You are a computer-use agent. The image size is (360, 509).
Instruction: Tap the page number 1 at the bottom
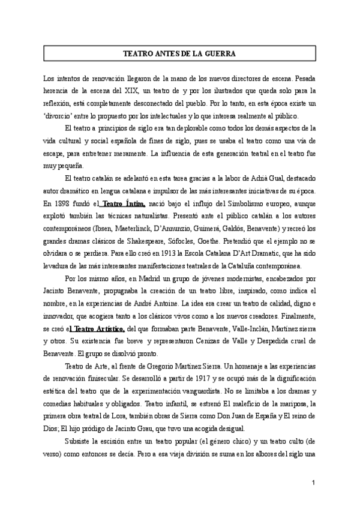[x=313, y=483]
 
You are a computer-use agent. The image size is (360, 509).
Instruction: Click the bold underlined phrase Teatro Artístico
[x=98, y=328]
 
